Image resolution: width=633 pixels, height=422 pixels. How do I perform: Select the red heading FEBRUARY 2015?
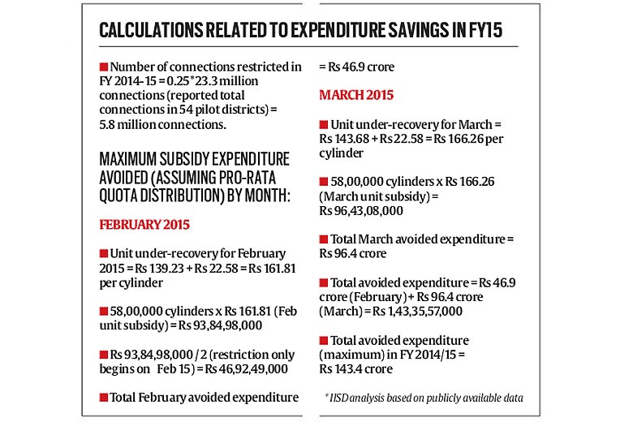144,225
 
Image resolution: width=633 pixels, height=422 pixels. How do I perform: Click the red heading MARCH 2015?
356,95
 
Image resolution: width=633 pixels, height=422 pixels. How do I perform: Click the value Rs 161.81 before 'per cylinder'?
272,268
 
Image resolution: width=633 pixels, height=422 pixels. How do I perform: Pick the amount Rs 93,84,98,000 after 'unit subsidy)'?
221,325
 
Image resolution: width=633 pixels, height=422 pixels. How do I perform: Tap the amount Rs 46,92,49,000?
246,368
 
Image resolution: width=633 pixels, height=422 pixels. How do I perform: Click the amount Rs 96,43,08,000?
361,210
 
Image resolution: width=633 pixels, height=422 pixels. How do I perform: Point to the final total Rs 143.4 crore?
355,368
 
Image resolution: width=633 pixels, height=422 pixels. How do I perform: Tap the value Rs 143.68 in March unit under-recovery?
344,139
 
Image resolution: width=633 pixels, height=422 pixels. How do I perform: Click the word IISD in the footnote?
338,398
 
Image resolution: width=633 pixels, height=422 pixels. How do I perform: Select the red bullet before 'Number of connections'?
104,67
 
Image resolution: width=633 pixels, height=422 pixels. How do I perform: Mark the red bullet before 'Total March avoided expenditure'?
323,239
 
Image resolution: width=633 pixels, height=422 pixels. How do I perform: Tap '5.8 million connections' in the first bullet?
162,124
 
